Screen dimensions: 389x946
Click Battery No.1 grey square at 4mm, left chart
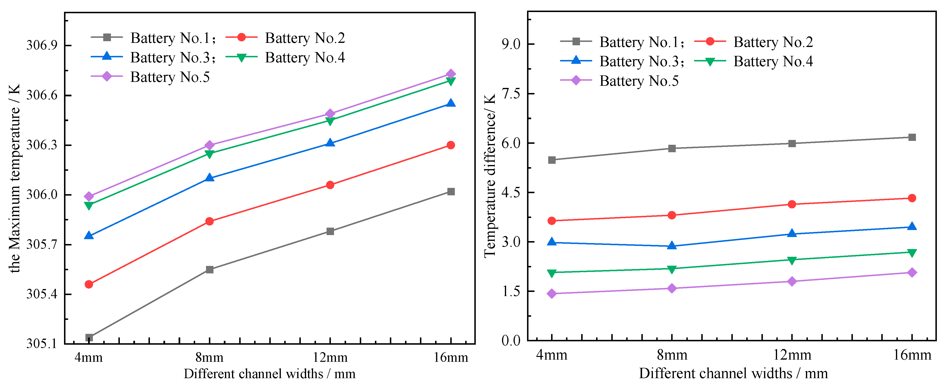click(89, 337)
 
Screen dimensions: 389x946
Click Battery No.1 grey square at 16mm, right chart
click(912, 137)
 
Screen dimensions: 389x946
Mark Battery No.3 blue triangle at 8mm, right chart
click(672, 246)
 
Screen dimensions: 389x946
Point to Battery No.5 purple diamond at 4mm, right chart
click(552, 293)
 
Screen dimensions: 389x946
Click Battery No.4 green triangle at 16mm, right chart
click(912, 253)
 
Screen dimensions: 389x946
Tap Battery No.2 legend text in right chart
click(773, 42)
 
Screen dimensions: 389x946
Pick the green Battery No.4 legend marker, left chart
click(241, 57)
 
